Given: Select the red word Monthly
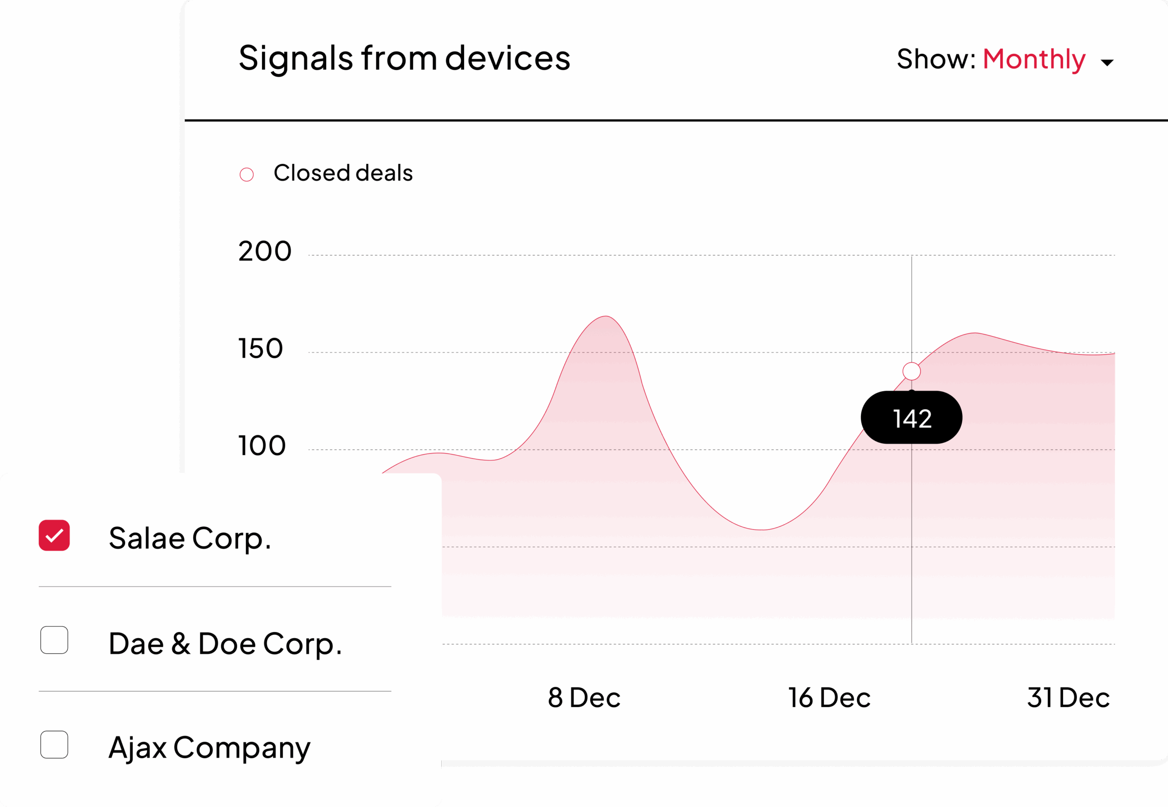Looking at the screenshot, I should pos(1033,60).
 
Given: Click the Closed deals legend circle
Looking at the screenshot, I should pos(247,174).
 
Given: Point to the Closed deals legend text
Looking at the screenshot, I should pos(343,173).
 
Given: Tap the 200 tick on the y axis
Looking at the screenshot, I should pos(265,252).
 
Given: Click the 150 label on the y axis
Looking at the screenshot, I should pos(261,349).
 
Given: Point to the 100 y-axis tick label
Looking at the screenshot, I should pos(262,446).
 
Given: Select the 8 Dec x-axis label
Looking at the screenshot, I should pos(584,698).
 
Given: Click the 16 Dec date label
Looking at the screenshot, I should pos(829,698).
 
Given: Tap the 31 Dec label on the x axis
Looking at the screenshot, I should pos(1068,698).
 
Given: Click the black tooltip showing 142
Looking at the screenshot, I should pos(911,418).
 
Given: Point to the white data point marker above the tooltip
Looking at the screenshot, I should pos(911,371).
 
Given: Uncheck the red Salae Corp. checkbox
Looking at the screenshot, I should pos(54,535).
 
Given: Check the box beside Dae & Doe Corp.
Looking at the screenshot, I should pos(54,640).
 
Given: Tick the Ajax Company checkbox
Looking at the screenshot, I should pos(54,745).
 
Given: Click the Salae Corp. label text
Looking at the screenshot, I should pos(190,538).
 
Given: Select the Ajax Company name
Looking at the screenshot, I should pos(209,748).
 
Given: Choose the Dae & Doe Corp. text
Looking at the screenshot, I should pos(225,644).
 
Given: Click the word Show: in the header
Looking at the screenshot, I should pos(935,60).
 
